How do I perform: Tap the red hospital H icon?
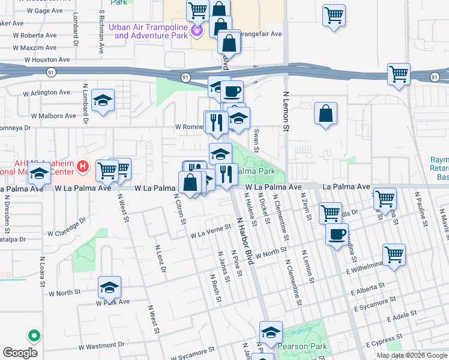click(83, 165)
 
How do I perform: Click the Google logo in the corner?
click(20, 353)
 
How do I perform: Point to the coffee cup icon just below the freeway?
click(232, 92)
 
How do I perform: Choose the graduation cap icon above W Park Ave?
click(109, 288)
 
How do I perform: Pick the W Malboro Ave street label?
click(53, 115)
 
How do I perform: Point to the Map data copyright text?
click(412, 355)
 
